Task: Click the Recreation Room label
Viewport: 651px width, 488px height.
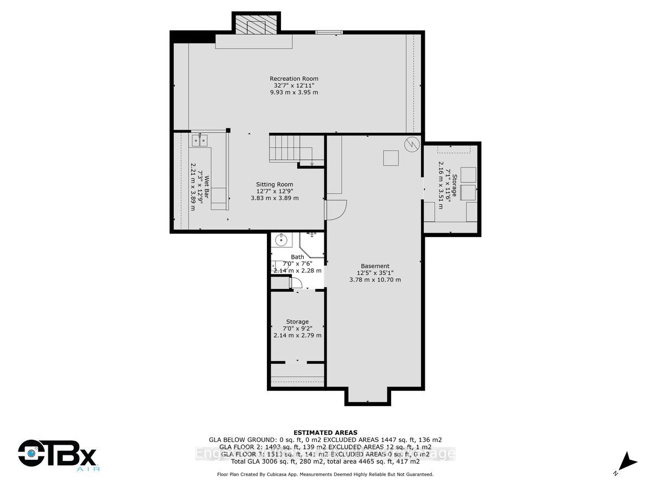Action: point(293,79)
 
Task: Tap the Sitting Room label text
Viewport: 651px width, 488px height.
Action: point(275,184)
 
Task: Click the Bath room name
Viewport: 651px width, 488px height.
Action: point(297,257)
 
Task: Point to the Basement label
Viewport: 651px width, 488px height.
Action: point(375,266)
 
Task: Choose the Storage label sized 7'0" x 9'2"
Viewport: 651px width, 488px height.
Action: point(297,322)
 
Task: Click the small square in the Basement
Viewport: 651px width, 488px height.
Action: point(391,158)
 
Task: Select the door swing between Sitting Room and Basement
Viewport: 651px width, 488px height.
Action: point(336,209)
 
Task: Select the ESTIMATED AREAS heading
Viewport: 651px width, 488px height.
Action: point(325,432)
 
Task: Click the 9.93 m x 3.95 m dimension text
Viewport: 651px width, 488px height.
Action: point(293,93)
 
